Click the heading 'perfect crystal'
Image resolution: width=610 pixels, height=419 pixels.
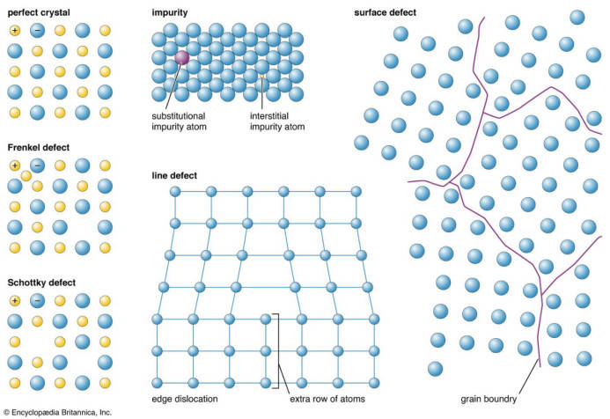click(x=39, y=12)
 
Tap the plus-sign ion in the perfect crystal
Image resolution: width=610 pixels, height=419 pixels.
click(x=15, y=30)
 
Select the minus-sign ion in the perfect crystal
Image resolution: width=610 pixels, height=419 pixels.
click(x=37, y=30)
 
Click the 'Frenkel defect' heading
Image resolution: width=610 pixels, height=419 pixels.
click(x=39, y=148)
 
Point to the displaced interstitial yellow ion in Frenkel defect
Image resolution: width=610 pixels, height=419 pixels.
click(x=26, y=176)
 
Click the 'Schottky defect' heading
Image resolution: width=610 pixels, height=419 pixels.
click(x=41, y=283)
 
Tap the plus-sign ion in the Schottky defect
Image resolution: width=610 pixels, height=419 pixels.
click(x=15, y=301)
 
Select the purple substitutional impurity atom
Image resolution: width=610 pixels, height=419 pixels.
click(x=181, y=57)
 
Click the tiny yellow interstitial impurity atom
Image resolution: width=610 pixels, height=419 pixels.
click(x=262, y=76)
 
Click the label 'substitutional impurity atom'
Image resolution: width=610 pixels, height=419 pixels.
click(x=179, y=121)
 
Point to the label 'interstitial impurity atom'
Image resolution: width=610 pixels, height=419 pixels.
click(x=277, y=121)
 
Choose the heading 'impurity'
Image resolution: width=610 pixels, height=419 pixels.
click(x=170, y=12)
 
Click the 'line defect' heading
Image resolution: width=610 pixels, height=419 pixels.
click(x=174, y=175)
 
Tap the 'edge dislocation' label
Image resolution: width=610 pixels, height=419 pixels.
click(x=185, y=399)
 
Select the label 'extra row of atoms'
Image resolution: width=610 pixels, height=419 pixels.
click(x=327, y=399)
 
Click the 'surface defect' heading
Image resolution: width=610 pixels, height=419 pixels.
click(x=386, y=12)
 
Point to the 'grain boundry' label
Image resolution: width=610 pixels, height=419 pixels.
click(x=489, y=399)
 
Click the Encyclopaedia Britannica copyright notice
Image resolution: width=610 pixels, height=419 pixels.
click(x=57, y=412)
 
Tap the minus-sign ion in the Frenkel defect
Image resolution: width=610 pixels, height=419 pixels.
click(x=37, y=165)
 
